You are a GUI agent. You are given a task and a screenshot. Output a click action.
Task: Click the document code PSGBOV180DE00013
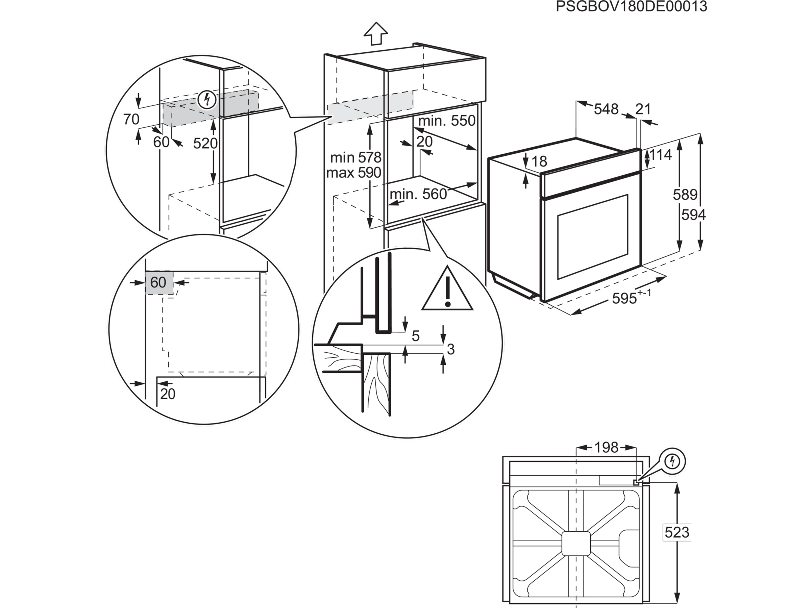[631, 7]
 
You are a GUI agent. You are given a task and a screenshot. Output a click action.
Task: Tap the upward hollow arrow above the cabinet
[376, 33]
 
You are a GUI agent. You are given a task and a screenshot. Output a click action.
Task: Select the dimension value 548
[606, 109]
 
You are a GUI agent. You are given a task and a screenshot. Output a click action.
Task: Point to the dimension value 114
[661, 155]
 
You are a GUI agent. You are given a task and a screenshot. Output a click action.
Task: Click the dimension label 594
[693, 215]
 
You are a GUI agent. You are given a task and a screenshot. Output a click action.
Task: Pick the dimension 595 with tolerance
[631, 298]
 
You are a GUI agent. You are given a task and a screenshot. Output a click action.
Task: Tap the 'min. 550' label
[447, 121]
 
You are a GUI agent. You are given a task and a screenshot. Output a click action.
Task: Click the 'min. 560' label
[418, 194]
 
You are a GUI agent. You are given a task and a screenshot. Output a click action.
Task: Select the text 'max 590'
[353, 173]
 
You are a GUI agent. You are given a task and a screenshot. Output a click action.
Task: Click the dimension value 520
[205, 143]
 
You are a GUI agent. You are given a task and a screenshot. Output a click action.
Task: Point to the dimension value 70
[131, 119]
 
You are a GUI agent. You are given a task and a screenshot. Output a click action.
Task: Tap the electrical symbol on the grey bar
[207, 99]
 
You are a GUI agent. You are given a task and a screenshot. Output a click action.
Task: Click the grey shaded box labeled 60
[159, 283]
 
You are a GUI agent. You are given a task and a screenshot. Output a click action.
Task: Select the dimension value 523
[677, 532]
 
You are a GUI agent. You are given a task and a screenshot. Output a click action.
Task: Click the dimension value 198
[606, 448]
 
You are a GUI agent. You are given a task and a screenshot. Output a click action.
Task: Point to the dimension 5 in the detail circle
[415, 336]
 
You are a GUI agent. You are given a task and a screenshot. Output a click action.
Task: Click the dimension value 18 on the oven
[539, 161]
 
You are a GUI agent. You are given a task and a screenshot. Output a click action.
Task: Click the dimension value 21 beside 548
[643, 109]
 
